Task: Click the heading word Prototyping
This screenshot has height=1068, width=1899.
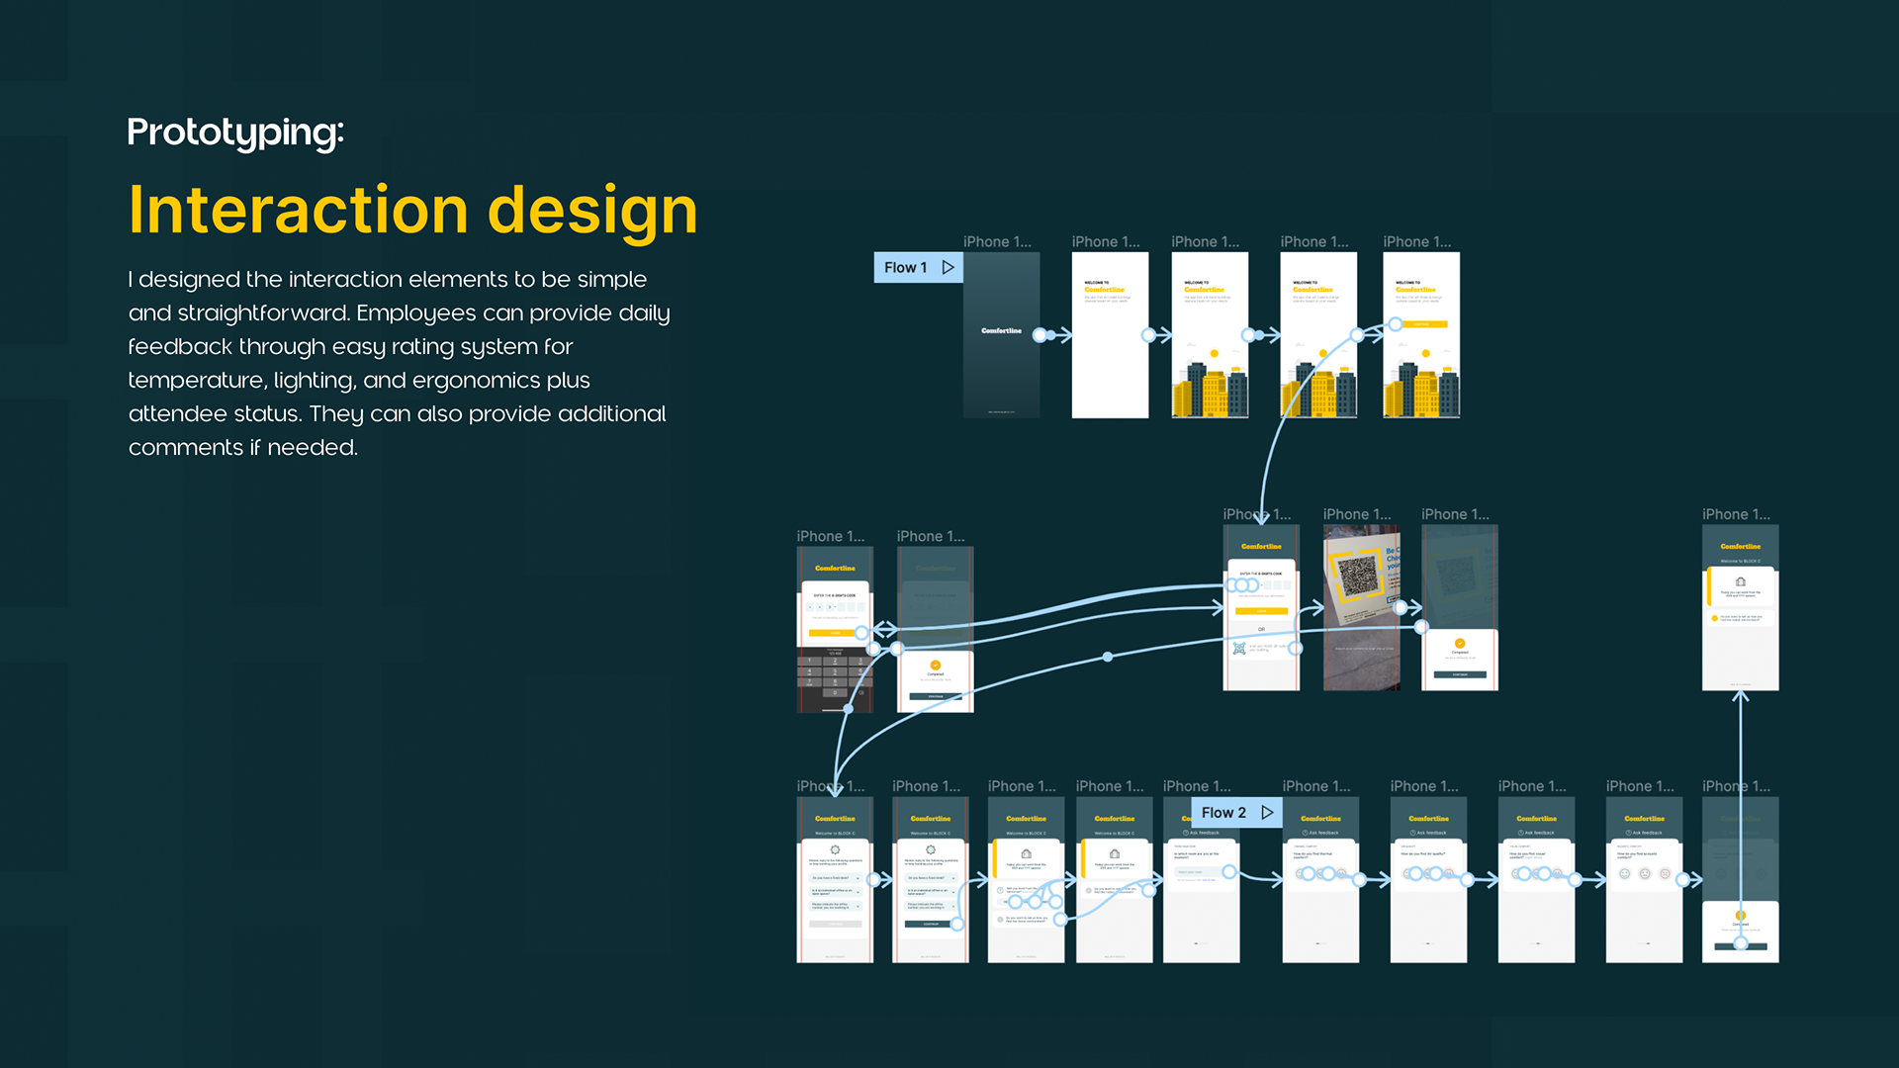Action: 234,133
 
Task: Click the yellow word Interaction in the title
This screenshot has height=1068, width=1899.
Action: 298,211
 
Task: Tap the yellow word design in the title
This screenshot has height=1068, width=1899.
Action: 592,211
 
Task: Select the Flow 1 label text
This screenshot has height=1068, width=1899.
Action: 905,268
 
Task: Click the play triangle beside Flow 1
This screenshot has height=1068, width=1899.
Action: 948,268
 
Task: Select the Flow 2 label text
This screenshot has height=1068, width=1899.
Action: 1223,813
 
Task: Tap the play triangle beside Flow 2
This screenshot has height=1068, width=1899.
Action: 1267,813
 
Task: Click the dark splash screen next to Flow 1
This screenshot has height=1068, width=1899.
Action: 1001,334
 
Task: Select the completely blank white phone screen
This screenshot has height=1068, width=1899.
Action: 1110,334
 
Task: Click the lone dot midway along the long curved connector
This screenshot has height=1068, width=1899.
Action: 1108,657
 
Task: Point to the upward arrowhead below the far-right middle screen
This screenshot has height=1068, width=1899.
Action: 1741,697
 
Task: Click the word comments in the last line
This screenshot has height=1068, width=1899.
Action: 185,448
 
